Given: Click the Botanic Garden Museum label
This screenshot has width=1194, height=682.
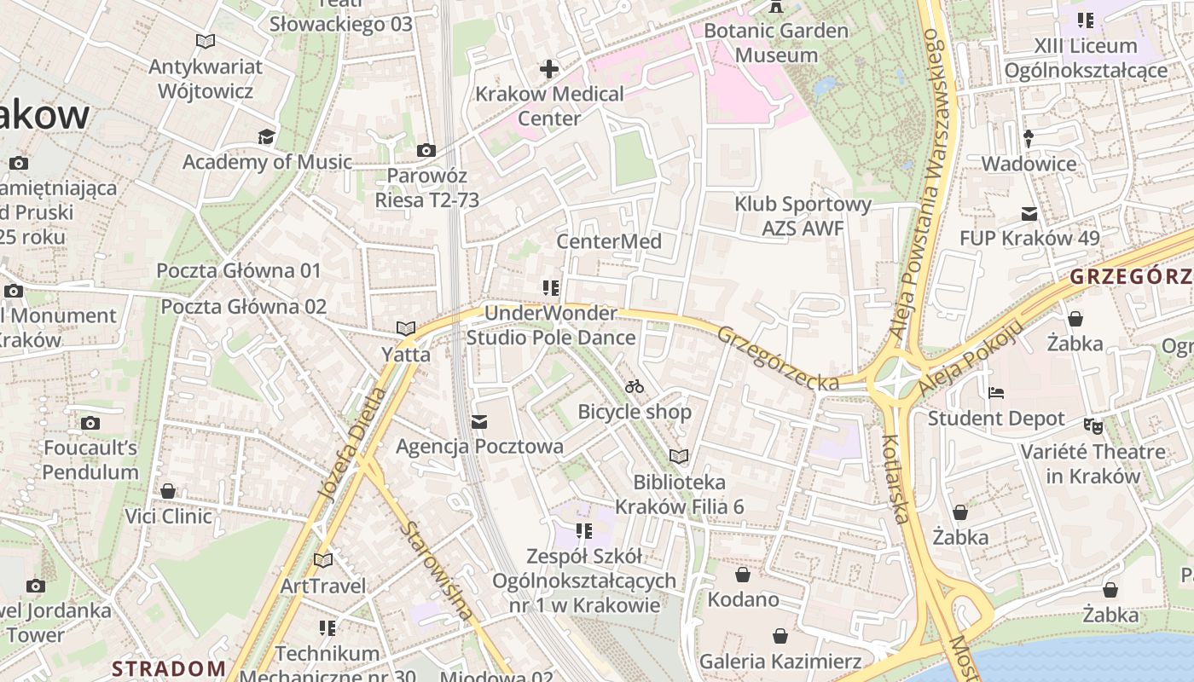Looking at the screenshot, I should (776, 43).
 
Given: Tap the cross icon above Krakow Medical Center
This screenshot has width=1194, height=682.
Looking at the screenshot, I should (549, 68).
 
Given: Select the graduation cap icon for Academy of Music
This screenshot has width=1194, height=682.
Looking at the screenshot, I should (267, 136).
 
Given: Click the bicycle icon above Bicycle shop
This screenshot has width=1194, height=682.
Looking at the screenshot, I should (634, 386).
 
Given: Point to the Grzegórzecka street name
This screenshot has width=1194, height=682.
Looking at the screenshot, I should (778, 359).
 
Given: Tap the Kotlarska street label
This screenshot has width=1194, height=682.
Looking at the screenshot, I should (895, 478).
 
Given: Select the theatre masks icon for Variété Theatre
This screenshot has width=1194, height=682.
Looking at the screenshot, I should (1093, 425).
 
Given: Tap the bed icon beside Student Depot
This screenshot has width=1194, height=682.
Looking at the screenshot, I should (995, 393).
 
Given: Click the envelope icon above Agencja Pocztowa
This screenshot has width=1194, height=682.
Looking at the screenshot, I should (479, 421).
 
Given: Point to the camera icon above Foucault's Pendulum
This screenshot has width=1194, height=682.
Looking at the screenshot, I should (90, 423).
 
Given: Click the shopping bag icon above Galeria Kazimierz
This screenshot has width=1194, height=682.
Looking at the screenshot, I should (780, 636).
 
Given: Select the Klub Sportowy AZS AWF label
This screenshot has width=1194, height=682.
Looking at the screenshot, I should (803, 216).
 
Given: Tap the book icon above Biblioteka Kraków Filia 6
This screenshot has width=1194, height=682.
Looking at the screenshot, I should (679, 457).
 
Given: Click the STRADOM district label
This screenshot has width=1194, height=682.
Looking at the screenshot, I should (169, 668).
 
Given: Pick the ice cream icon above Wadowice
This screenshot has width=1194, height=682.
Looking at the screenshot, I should (1029, 138).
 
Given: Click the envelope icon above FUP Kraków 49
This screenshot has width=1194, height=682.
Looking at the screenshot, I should (1029, 213).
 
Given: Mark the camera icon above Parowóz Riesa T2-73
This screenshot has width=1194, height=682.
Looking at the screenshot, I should (426, 151).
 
